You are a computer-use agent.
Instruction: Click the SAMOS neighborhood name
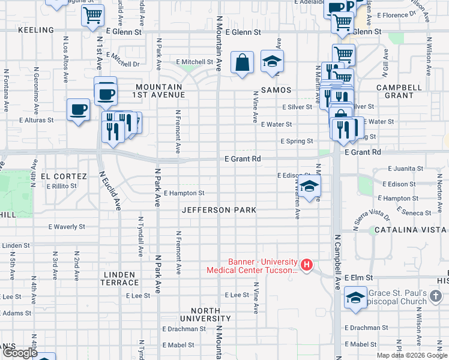(276, 90)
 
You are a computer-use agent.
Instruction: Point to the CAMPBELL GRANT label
(395, 91)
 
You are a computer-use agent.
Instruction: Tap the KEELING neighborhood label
(36, 29)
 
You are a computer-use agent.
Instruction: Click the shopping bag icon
(242, 62)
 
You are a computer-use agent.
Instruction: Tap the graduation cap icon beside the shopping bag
(273, 61)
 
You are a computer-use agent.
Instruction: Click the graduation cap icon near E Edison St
(310, 186)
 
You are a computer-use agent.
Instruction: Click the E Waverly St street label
(67, 227)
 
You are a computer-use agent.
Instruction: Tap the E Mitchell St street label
(194, 62)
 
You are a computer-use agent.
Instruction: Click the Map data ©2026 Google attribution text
(412, 355)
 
